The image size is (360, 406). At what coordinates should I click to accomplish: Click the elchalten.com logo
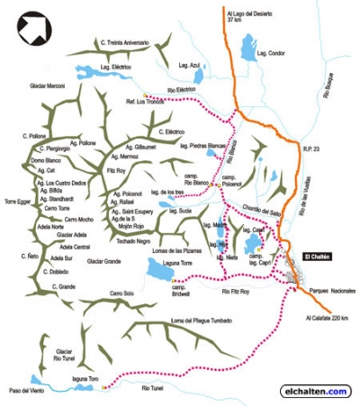(x=315, y=391)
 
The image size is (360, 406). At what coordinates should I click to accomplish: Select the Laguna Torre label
(x=164, y=260)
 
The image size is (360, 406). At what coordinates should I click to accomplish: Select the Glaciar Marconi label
(x=49, y=86)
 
